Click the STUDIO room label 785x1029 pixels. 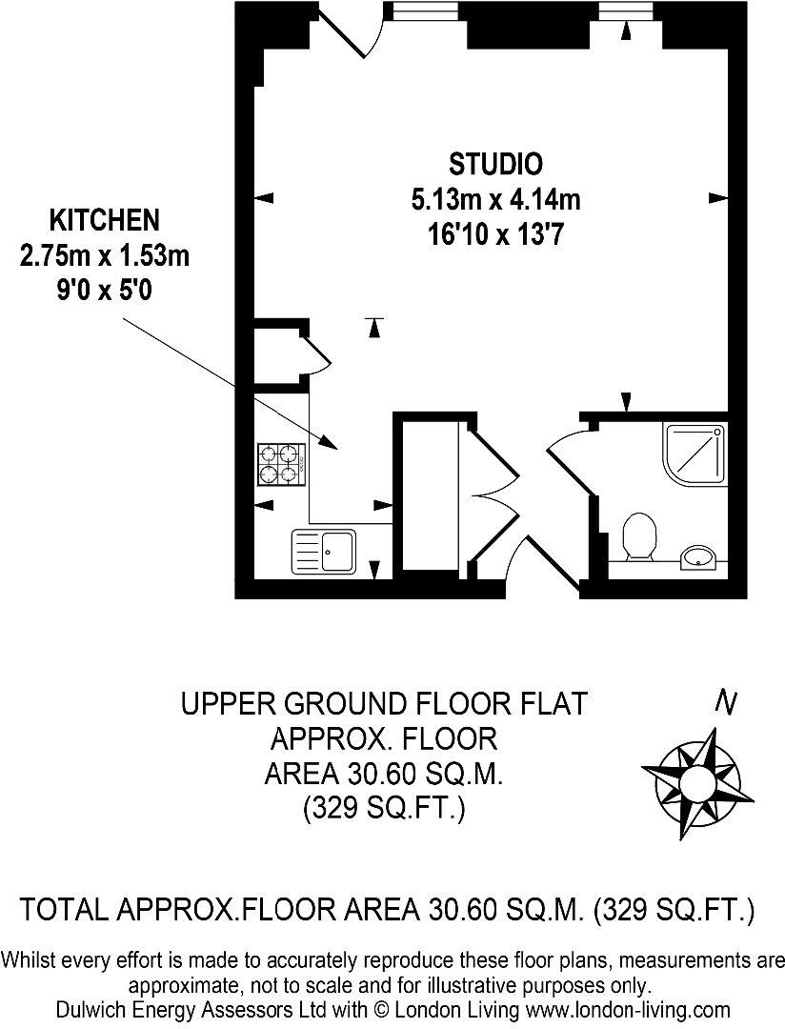coord(495,164)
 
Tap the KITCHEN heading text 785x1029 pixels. coord(104,221)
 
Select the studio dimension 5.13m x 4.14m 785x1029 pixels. coord(495,199)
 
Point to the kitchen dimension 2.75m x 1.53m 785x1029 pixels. coord(104,255)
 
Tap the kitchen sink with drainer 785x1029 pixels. coord(324,550)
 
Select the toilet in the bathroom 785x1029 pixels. coord(638,535)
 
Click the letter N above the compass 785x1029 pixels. coord(727,703)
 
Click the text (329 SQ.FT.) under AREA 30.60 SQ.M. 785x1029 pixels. coord(383,810)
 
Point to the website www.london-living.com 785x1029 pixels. coord(636,1009)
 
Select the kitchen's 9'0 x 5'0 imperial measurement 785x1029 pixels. coord(104,289)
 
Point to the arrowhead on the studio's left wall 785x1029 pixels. coord(265,198)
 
